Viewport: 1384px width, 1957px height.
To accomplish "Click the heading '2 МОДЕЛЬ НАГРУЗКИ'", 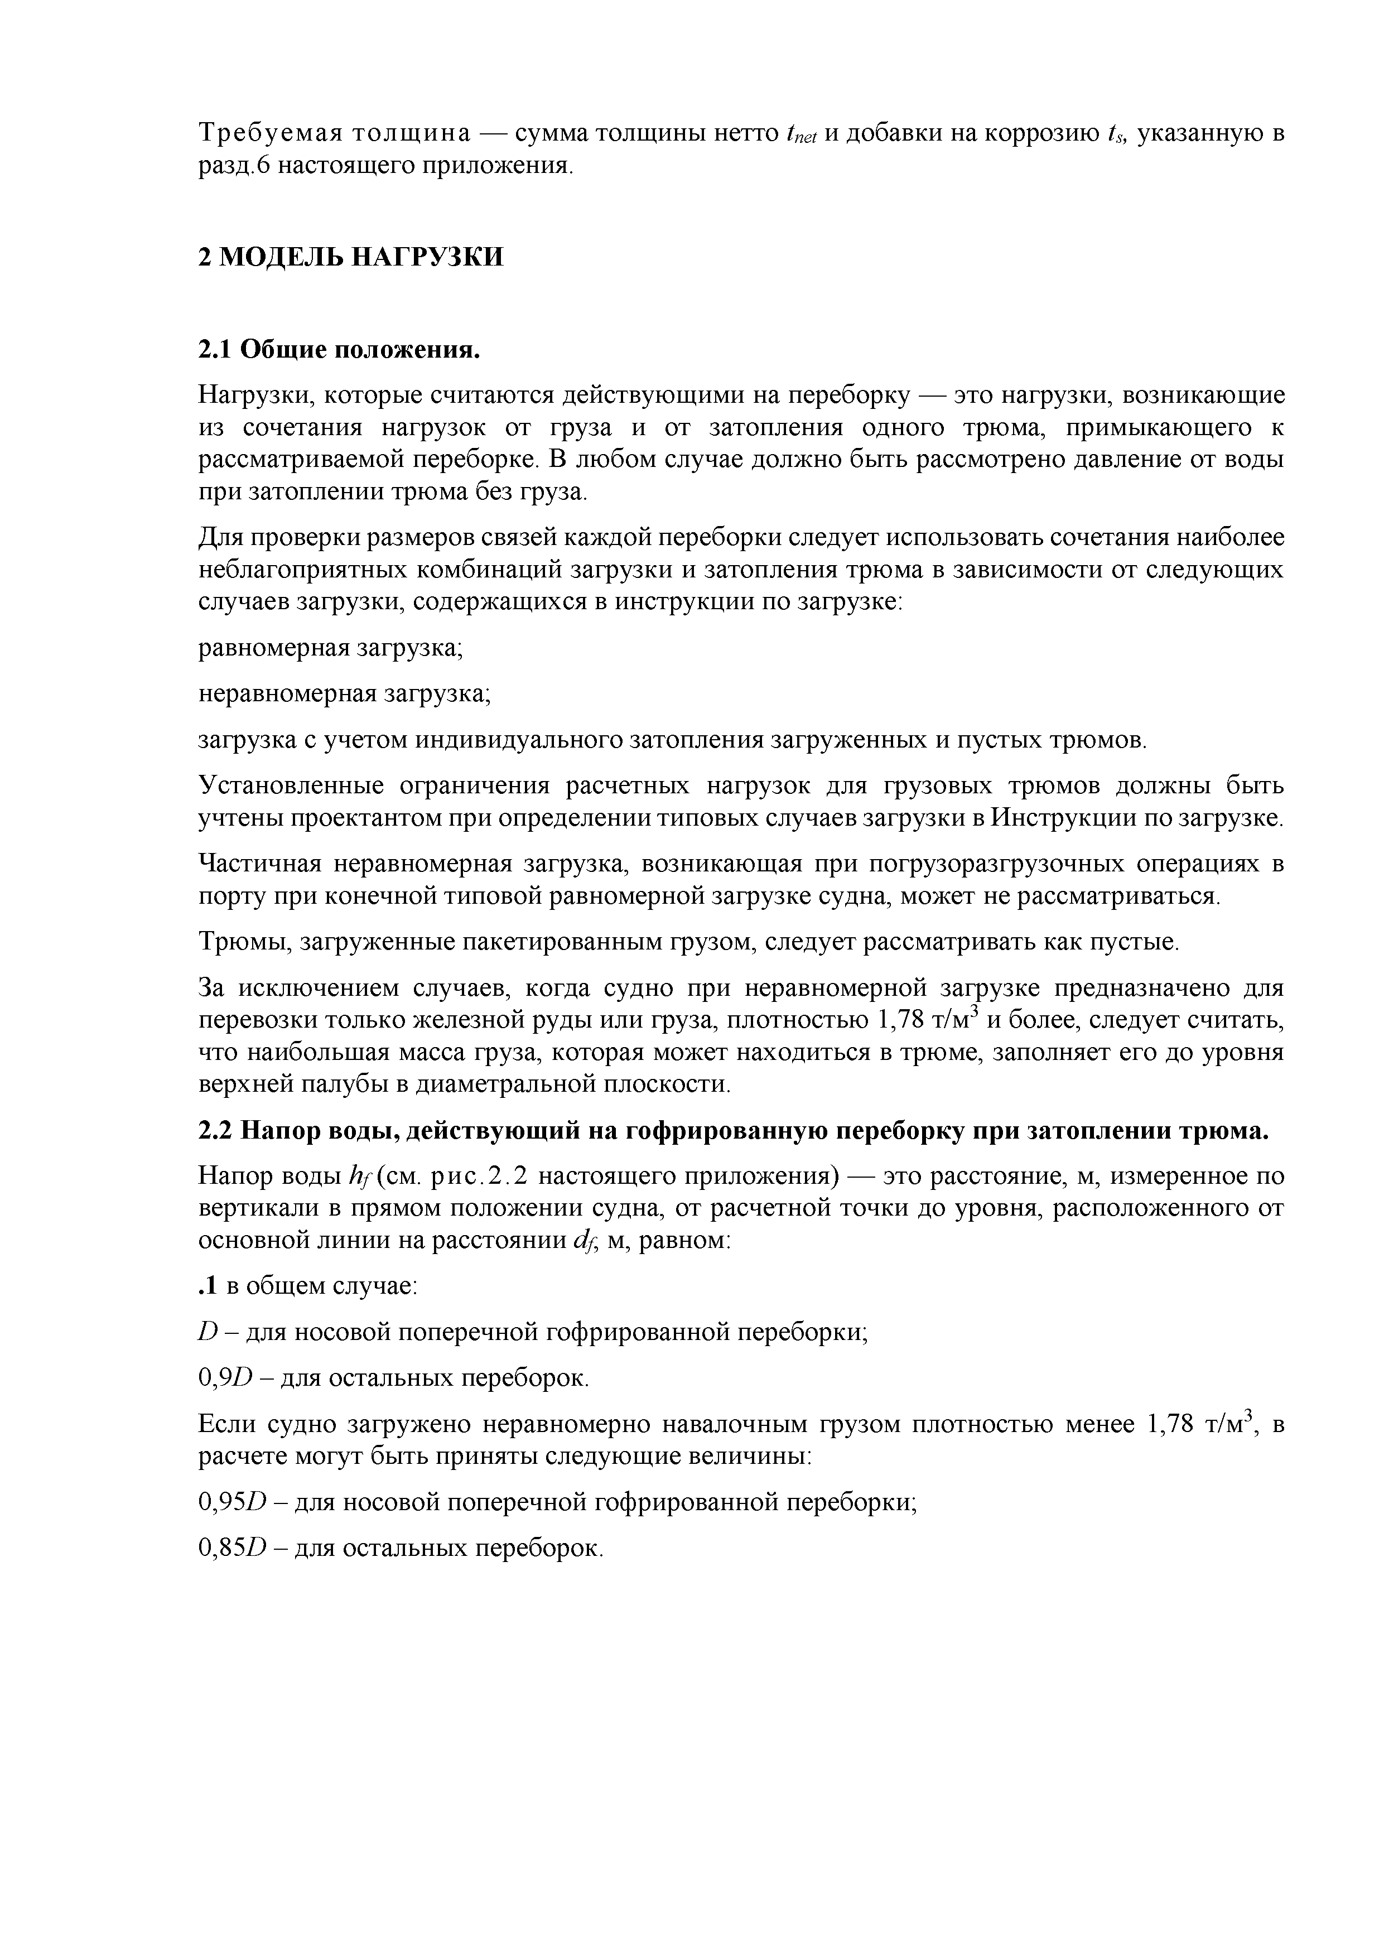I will coord(350,257).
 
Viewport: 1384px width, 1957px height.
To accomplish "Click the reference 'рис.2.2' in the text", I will coord(481,1177).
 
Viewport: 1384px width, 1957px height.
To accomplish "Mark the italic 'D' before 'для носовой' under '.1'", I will coord(210,1332).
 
